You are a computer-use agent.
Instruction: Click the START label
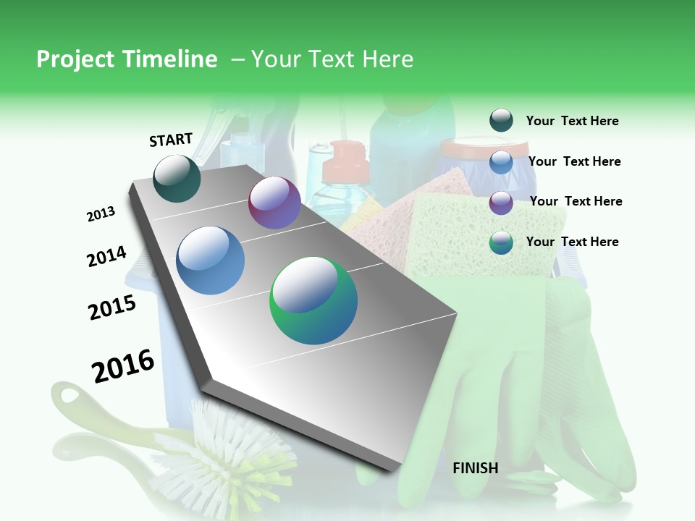(171, 140)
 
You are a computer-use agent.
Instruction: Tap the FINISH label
(475, 468)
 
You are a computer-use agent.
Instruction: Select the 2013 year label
(101, 214)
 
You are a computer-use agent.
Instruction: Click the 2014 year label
(106, 257)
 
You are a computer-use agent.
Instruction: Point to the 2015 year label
(112, 308)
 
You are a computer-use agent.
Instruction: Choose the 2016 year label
(123, 366)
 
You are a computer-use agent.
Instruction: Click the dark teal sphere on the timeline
(177, 178)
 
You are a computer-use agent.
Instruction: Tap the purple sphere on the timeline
(274, 203)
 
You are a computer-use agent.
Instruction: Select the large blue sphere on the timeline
(211, 260)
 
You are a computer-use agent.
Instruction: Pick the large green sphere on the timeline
(313, 300)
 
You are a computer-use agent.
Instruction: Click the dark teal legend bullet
(501, 121)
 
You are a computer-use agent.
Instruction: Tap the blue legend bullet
(501, 162)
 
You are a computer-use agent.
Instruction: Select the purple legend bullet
(501, 202)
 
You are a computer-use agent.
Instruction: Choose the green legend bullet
(501, 242)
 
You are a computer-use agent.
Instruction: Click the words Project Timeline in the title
(127, 59)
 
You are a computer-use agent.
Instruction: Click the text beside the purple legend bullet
(576, 201)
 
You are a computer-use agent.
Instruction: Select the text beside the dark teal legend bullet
(572, 121)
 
